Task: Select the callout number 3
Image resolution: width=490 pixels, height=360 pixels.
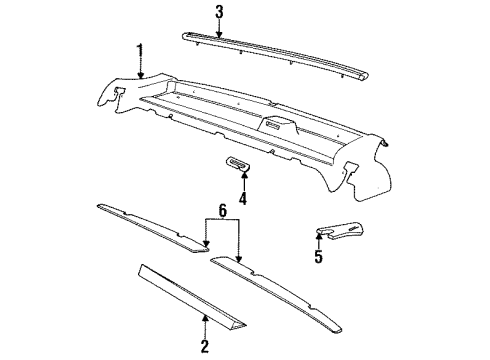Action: coord(218,12)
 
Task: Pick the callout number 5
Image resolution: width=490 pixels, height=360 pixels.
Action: coord(319,257)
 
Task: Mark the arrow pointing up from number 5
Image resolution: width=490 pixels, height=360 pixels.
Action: coord(319,240)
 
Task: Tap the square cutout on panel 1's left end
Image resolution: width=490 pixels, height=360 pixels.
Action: coord(116,92)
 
